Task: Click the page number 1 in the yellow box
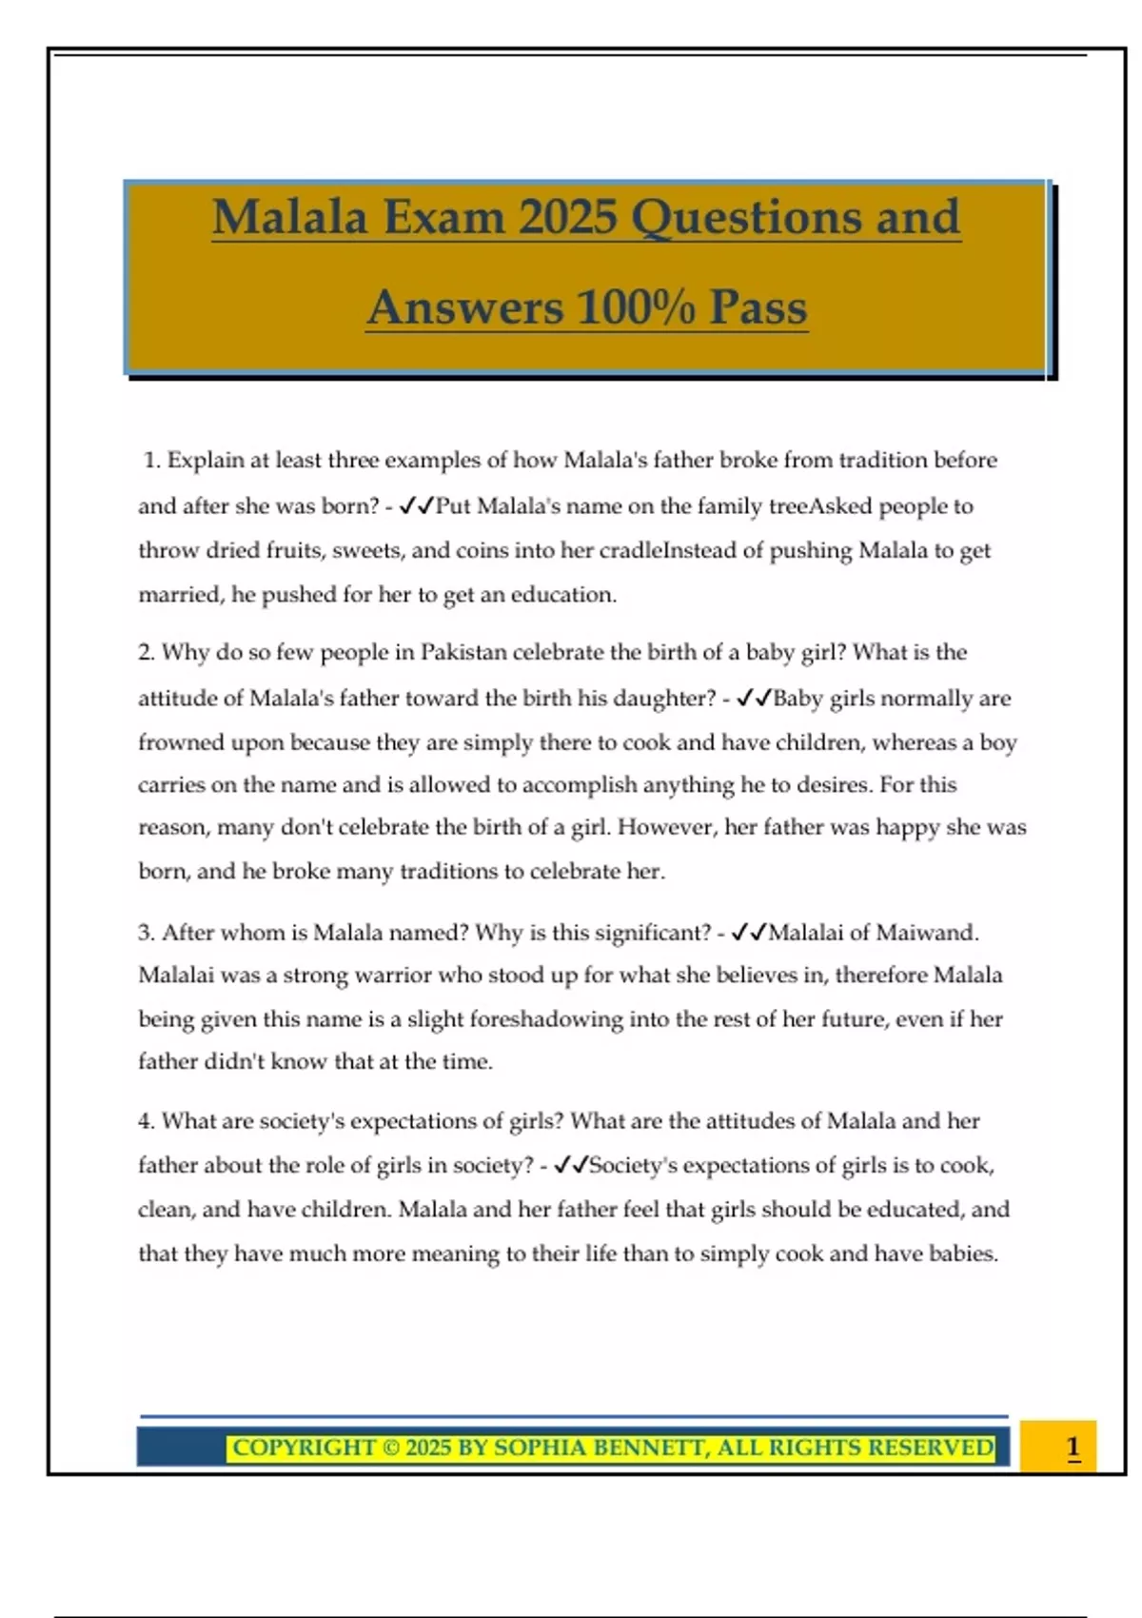(x=1073, y=1447)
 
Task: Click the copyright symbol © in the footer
(x=391, y=1448)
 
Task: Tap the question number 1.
(x=151, y=461)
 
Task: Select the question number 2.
(x=147, y=653)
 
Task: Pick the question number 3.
(x=147, y=933)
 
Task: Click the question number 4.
(x=147, y=1121)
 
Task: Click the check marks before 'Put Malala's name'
(x=416, y=506)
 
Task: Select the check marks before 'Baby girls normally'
(x=753, y=699)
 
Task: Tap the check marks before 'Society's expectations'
(x=571, y=1165)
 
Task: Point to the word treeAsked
(x=822, y=506)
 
